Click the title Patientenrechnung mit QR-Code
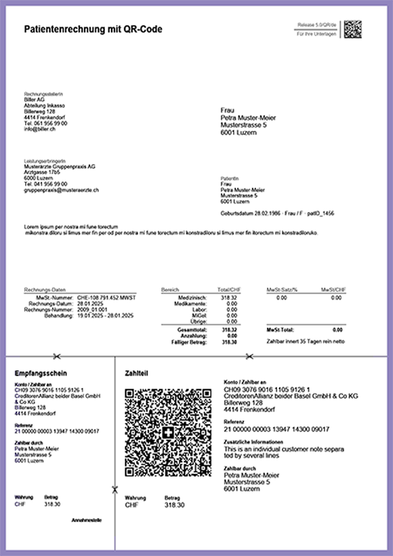pos(94,29)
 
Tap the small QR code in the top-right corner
pos(352,29)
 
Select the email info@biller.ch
pos(39,130)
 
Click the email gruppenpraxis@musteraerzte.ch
pos(61,190)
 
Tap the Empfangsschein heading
pos(41,373)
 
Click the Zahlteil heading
pos(137,373)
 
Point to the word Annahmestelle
pos(87,520)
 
